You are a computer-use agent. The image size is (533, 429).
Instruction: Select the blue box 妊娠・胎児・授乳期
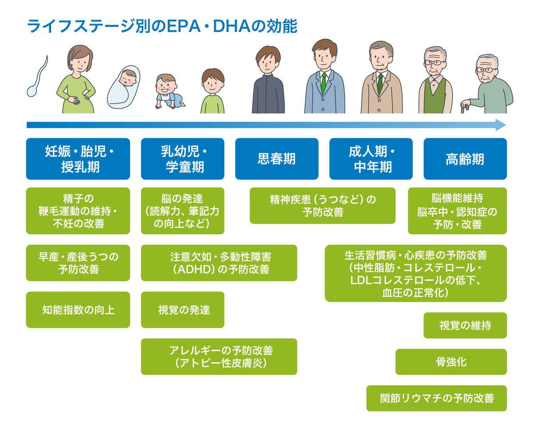pyautogui.click(x=78, y=159)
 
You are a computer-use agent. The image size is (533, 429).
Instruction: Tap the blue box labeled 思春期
pyautogui.click(x=276, y=159)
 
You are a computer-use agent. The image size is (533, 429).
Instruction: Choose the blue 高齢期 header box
pyautogui.click(x=465, y=159)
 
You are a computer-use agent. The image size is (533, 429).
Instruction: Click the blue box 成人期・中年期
pyautogui.click(x=370, y=159)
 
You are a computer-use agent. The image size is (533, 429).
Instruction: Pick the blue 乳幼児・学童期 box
pyautogui.click(x=183, y=159)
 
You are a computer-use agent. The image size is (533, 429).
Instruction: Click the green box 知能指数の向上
pyautogui.click(x=78, y=310)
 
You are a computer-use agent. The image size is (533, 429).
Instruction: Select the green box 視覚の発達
pyautogui.click(x=183, y=310)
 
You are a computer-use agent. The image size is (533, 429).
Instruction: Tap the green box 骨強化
pyautogui.click(x=451, y=362)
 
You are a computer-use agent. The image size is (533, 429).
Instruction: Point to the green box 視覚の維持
pyautogui.click(x=465, y=325)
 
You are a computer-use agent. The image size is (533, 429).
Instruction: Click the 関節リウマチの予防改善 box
pyautogui.click(x=436, y=398)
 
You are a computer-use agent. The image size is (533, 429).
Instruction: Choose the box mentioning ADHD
pyautogui.click(x=219, y=263)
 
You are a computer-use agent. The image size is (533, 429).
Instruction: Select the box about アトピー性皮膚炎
pyautogui.click(x=219, y=357)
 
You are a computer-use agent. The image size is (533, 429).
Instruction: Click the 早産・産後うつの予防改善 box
pyautogui.click(x=78, y=263)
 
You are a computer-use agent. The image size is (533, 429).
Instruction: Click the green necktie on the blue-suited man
pyautogui.click(x=324, y=83)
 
